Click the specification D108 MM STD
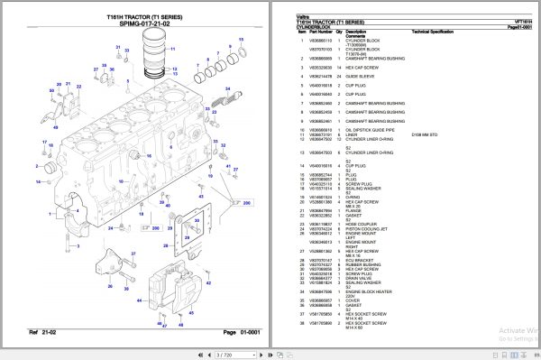426,135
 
